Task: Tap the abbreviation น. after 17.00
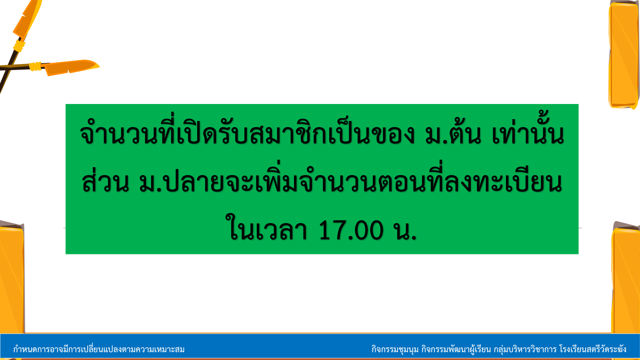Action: coord(405,230)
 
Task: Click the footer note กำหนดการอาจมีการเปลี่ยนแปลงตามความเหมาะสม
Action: coord(99,349)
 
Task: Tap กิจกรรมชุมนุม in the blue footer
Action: coord(395,349)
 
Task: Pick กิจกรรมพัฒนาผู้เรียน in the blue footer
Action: coord(456,349)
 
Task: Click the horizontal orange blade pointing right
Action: coord(72,68)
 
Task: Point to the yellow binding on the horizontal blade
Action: coord(36,66)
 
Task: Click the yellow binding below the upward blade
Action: coord(19,46)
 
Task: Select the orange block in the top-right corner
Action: coord(624,54)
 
